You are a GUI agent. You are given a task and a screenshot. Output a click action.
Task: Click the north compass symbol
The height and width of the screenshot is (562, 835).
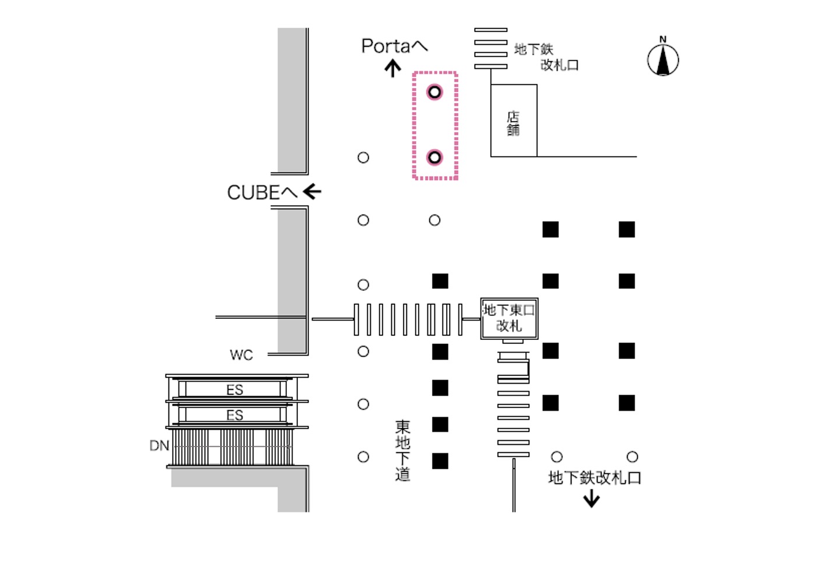coord(663,59)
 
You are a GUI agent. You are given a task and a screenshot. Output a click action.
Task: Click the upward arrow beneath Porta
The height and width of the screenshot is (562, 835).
coord(393,69)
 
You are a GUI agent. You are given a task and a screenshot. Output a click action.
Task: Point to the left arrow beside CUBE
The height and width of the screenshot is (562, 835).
coord(312,191)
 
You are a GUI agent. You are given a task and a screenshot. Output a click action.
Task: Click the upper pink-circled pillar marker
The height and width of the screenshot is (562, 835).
coord(434,92)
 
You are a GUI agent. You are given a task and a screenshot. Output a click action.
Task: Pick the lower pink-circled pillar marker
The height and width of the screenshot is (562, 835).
coord(434,157)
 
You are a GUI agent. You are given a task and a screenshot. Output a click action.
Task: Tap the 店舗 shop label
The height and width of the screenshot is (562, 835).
coord(513,124)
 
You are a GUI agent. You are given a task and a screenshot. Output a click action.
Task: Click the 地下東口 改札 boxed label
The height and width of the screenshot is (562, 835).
coord(509,318)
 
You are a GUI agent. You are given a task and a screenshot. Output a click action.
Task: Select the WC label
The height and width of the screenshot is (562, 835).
coord(241,355)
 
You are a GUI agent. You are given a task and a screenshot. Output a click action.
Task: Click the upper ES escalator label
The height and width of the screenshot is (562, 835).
coord(234,390)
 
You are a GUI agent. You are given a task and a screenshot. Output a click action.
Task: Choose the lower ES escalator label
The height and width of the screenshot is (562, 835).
coord(234,416)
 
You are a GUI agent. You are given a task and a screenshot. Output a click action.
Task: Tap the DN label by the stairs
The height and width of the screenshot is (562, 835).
coord(159,446)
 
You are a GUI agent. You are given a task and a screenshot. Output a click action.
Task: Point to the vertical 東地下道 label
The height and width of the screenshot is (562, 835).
coord(402,451)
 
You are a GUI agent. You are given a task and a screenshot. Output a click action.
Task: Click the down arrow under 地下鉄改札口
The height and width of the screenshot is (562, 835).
coord(592,499)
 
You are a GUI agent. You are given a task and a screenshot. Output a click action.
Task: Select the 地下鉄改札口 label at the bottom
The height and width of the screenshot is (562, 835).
coord(595,478)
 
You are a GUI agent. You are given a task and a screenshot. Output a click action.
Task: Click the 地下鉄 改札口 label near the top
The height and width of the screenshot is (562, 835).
coord(546,57)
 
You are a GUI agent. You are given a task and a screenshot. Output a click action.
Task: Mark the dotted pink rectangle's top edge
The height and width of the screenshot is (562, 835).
coord(435,73)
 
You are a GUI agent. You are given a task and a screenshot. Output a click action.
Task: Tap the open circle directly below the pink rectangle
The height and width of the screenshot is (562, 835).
coord(434,220)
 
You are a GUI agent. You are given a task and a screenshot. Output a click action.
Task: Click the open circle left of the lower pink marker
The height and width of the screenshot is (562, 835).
coord(363,157)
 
